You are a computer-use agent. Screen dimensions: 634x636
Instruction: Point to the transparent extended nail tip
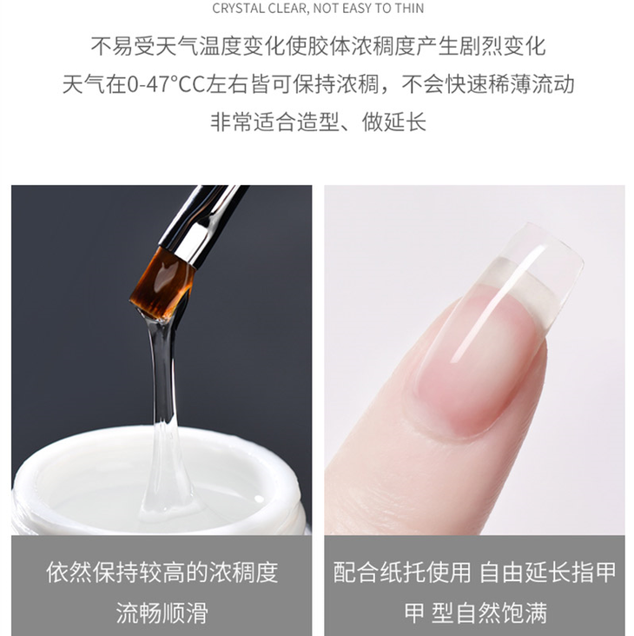[x=539, y=263]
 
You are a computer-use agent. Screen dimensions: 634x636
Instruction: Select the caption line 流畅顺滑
[x=162, y=613]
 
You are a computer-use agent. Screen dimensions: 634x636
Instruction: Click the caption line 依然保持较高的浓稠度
[x=162, y=573]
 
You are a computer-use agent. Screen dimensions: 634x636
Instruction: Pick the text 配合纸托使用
[x=402, y=573]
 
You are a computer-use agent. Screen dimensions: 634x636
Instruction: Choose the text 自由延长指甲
[x=548, y=573]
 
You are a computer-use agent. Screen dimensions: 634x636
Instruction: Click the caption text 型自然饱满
[x=489, y=613]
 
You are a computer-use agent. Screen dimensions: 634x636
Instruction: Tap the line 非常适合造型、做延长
[x=318, y=122]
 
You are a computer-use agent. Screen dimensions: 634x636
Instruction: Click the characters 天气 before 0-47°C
[x=84, y=85]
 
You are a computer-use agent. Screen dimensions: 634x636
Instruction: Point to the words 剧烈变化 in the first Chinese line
[x=502, y=46]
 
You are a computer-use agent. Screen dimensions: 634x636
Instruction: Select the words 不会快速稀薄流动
[x=488, y=85]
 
